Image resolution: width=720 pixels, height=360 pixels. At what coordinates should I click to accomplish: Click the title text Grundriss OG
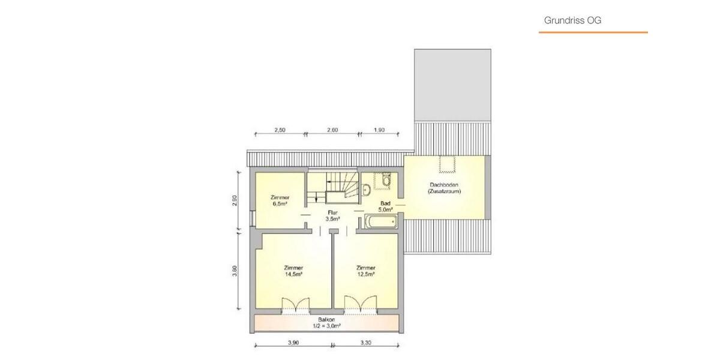pyautogui.click(x=572, y=20)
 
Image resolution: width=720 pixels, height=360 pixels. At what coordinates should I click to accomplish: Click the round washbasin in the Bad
pyautogui.click(x=367, y=190)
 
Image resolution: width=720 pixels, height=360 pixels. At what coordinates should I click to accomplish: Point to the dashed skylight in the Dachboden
pyautogui.click(x=446, y=164)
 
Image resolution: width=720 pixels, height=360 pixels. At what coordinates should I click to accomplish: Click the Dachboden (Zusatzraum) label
pyautogui.click(x=445, y=188)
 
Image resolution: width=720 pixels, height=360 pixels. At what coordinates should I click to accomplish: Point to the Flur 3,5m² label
pyautogui.click(x=332, y=216)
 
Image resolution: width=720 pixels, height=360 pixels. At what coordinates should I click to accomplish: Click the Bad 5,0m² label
pyautogui.click(x=385, y=207)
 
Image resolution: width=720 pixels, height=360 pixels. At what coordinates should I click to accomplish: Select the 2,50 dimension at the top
pyautogui.click(x=280, y=130)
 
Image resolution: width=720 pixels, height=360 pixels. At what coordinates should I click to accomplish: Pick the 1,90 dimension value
pyautogui.click(x=379, y=130)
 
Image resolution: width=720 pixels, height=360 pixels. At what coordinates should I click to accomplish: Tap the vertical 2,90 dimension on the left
pyautogui.click(x=235, y=201)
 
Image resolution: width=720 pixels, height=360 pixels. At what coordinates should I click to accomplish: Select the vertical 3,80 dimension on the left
pyautogui.click(x=235, y=271)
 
